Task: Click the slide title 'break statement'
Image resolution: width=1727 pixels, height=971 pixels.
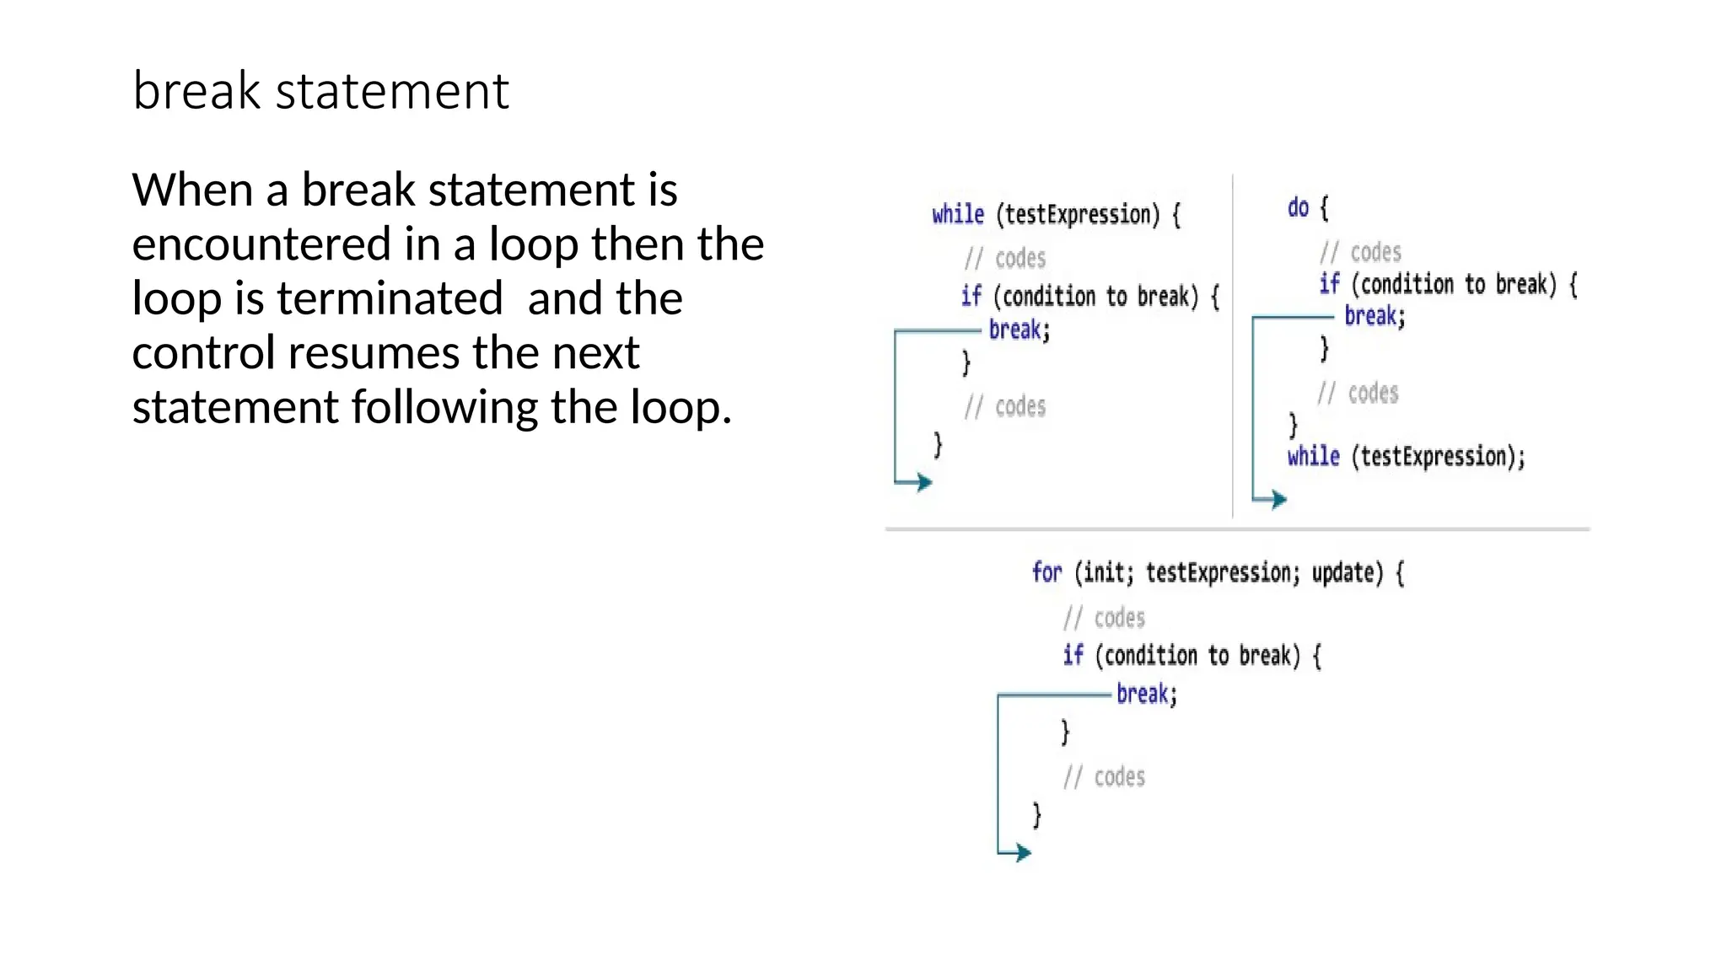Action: coord(320,91)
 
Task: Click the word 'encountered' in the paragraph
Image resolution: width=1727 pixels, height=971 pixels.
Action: coord(261,244)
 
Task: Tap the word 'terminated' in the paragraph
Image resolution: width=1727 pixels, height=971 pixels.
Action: coord(390,298)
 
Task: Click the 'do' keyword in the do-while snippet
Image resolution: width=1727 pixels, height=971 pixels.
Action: coord(1298,207)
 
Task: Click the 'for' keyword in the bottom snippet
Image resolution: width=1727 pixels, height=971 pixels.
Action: coord(1046,572)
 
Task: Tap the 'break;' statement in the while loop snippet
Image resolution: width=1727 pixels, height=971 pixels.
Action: coord(1019,330)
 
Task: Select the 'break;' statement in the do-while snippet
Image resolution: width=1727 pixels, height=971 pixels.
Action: coord(1375,316)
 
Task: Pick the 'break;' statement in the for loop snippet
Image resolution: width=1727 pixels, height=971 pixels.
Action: coord(1146,694)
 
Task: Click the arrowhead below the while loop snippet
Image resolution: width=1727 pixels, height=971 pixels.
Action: coord(925,482)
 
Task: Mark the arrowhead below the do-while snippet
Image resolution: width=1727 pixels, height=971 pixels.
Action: coord(1279,500)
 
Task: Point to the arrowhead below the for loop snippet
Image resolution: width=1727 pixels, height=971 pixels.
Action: coord(1023,852)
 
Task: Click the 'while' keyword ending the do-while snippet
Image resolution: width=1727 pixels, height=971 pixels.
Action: coord(1313,457)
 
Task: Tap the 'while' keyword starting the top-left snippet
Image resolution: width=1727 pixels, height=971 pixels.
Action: coord(958,214)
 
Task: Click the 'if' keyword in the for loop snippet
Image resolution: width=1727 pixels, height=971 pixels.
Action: coord(1073,655)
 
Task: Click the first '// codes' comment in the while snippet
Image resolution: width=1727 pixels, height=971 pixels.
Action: coord(1005,258)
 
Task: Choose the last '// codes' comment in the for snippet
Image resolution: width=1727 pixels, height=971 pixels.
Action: coord(1104,776)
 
